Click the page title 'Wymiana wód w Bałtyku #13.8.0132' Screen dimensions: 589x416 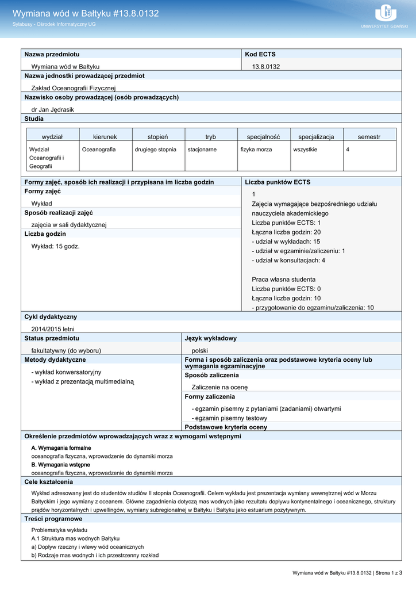pyautogui.click(x=86, y=13)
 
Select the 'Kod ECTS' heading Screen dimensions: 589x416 pyautogui.click(x=260, y=54)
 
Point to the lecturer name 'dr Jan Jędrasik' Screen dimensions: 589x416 pyautogui.click(x=52, y=109)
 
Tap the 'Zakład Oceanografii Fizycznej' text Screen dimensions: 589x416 pyautogui.click(x=74, y=88)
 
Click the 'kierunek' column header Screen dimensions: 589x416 pyautogui.click(x=105, y=137)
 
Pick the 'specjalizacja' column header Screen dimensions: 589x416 pyautogui.click(x=316, y=137)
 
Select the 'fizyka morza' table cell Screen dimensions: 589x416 pyautogui.click(x=256, y=150)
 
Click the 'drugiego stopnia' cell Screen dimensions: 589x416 pyautogui.click(x=155, y=150)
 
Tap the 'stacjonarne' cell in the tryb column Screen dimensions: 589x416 pyautogui.click(x=202, y=150)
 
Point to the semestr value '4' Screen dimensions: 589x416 pyautogui.click(x=348, y=150)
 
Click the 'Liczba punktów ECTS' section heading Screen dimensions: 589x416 pyautogui.click(x=278, y=182)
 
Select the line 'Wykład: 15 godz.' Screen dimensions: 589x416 pyautogui.click(x=55, y=246)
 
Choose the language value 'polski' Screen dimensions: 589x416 pyautogui.click(x=199, y=350)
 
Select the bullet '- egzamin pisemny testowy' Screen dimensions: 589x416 pyautogui.click(x=229, y=418)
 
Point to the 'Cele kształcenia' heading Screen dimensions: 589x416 pyautogui.click(x=49, y=482)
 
